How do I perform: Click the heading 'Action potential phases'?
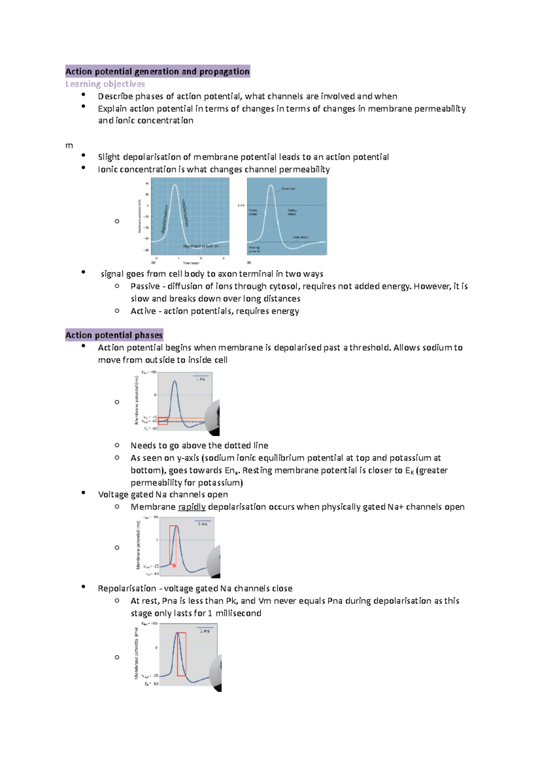pos(114,335)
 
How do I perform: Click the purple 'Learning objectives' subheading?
pos(105,84)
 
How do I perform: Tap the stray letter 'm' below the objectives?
pos(69,146)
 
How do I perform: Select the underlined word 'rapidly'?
pos(192,507)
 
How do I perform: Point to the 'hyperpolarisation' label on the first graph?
pos(201,246)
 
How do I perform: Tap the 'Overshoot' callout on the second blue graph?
pos(288,189)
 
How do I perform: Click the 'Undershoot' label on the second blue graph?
pos(300,237)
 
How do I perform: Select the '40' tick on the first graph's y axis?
pos(147,183)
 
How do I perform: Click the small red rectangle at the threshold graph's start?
pos(163,421)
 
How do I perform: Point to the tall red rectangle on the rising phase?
pos(173,545)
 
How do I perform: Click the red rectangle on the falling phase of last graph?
pos(181,654)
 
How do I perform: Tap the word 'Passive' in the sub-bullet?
pos(145,286)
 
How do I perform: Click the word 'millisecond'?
pos(238,613)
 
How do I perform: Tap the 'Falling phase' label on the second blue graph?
pos(292,212)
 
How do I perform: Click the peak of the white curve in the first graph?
pos(175,185)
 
